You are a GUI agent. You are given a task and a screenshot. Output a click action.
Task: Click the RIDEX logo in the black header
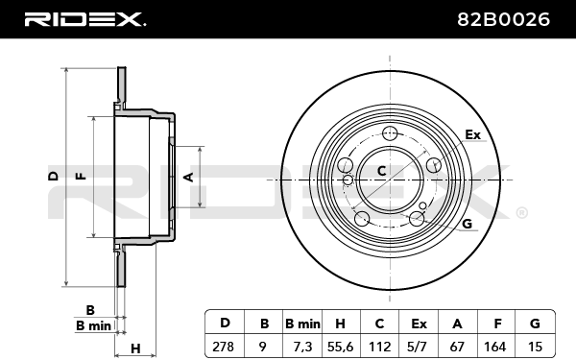coord(85,19)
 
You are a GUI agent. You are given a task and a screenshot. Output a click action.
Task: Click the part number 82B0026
coord(503,19)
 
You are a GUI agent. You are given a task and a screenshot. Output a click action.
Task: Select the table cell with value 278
coord(223,347)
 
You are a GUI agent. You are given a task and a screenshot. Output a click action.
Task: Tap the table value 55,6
coord(340,347)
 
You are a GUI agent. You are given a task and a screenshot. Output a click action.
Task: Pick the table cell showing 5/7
coord(419,347)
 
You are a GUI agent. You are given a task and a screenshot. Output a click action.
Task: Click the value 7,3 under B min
coord(303,347)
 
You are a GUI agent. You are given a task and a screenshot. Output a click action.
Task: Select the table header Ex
coord(419,324)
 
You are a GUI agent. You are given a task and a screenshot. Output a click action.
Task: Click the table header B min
coord(302,324)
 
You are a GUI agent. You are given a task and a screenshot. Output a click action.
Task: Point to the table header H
coord(340,324)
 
